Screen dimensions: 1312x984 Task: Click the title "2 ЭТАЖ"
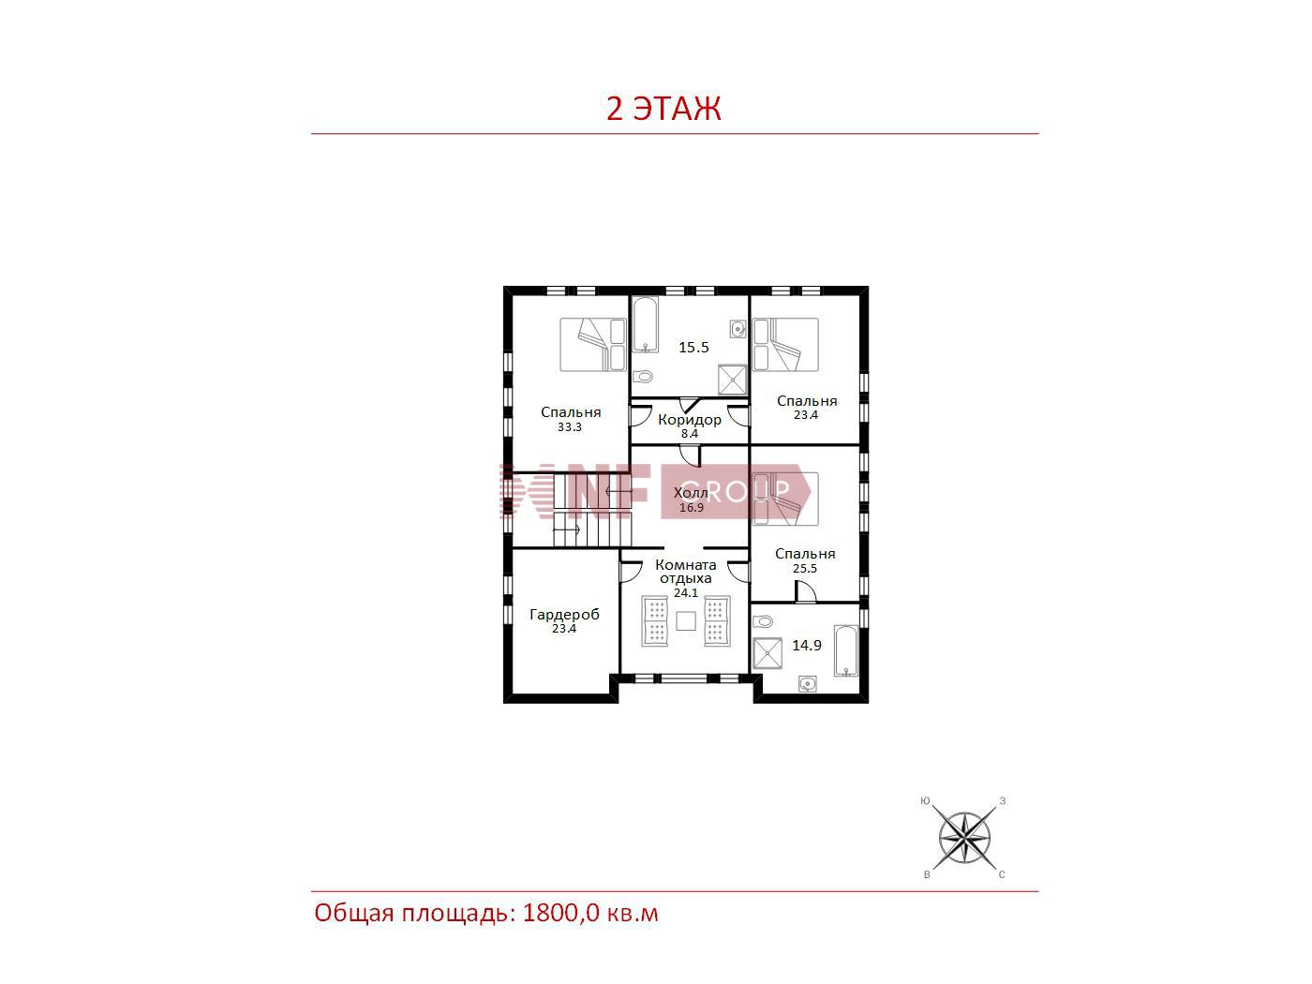(x=663, y=108)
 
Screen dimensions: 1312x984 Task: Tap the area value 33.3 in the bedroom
(x=569, y=427)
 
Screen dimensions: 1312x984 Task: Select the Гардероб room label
(x=564, y=614)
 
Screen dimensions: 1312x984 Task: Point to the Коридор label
(x=689, y=420)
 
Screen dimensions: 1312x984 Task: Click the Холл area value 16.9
(x=691, y=507)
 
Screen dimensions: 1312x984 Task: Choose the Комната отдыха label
(x=686, y=572)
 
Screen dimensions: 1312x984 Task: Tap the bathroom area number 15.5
(x=693, y=347)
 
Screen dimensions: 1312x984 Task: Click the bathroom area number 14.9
(x=806, y=646)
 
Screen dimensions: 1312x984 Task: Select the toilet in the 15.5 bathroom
(x=642, y=377)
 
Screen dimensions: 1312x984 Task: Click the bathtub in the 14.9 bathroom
(x=846, y=650)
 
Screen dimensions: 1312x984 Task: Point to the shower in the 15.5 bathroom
(x=732, y=380)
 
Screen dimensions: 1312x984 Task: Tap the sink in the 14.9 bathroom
(x=807, y=683)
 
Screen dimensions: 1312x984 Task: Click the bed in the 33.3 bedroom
(x=593, y=345)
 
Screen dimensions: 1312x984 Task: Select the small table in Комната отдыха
(x=686, y=621)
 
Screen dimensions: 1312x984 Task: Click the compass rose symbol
(x=963, y=838)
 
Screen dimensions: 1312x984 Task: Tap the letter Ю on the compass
(x=925, y=801)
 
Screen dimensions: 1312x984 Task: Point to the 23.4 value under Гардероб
(x=563, y=629)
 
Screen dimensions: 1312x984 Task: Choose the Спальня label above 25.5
(x=804, y=554)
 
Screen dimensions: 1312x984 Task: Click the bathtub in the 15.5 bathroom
(x=646, y=324)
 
